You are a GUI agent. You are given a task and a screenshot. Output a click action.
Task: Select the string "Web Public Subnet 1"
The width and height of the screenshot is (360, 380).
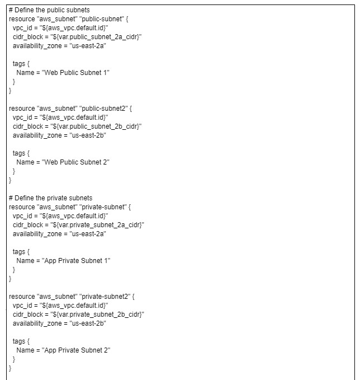[76, 73]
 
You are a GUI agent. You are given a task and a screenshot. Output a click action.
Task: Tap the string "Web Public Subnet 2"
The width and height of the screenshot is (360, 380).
[76, 162]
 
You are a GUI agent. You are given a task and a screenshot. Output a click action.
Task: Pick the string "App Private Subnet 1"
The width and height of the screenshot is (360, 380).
[77, 261]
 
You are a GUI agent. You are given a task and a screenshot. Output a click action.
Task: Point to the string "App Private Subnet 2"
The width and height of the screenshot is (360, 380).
[77, 350]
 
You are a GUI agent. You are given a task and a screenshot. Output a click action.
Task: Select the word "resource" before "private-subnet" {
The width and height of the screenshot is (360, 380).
[21, 207]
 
